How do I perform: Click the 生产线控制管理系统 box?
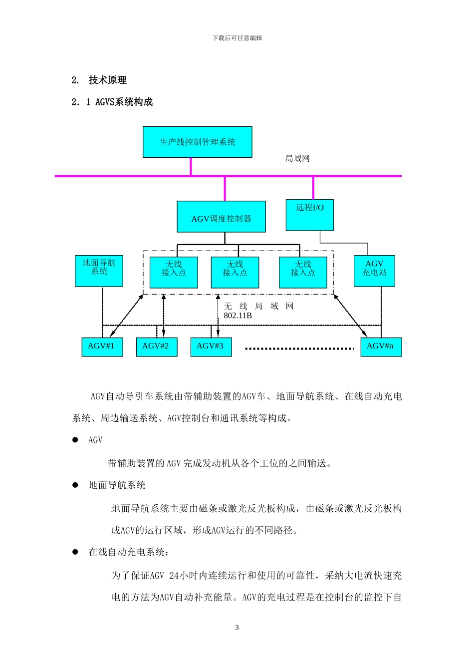pos(197,142)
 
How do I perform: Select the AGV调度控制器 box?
pos(221,217)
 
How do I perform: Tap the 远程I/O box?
pos(309,215)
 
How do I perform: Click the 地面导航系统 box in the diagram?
pos(99,271)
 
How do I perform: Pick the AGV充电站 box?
pos(374,271)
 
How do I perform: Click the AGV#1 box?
pos(102,346)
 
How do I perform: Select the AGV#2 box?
pos(156,346)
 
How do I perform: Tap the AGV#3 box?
pos(211,346)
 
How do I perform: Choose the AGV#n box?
pos(381,346)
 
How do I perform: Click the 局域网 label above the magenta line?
pos(297,159)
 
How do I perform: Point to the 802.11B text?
pos(237,316)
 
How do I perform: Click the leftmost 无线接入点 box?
pos(174,273)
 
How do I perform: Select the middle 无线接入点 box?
pos(235,273)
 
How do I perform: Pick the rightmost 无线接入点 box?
pos(303,273)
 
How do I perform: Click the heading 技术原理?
pos(107,80)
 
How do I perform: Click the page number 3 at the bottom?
pos(237,628)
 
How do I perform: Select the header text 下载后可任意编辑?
pos(237,38)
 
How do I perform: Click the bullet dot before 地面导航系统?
pos(75,485)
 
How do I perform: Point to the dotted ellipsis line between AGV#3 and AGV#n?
pos(299,348)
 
